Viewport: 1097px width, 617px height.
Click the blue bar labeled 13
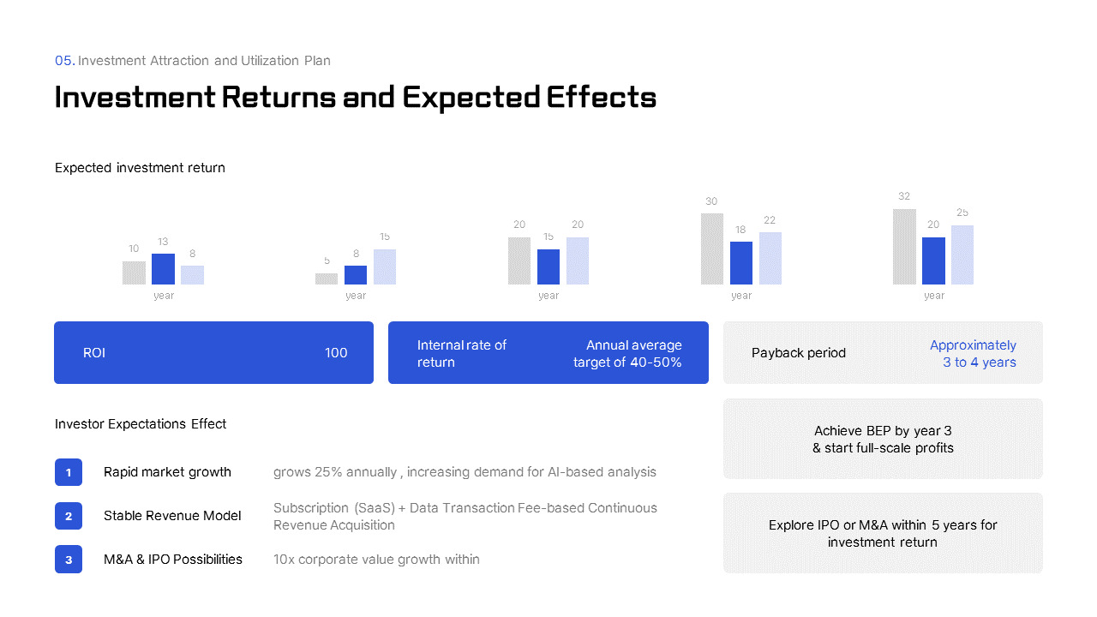point(163,269)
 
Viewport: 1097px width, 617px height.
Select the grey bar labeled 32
point(904,247)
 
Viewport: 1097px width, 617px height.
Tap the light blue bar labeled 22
point(770,258)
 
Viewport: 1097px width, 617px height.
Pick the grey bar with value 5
point(327,279)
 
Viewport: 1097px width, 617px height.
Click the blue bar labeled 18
point(741,263)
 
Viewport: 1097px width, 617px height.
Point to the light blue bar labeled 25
point(962,255)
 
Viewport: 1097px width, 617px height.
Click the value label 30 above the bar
point(711,201)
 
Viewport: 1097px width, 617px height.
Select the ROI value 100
point(336,353)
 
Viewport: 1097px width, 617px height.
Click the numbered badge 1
point(69,472)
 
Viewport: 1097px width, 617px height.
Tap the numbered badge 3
point(69,560)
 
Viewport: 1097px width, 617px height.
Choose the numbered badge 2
point(69,516)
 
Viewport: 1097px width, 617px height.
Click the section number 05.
point(64,61)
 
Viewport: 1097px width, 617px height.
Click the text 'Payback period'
point(798,353)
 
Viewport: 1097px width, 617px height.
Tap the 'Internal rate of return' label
point(462,353)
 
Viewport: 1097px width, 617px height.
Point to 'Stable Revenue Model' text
point(172,516)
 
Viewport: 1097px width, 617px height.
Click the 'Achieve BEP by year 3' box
point(883,439)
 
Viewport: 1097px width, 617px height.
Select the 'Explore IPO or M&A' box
point(883,533)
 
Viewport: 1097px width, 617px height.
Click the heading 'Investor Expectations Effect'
point(141,424)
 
